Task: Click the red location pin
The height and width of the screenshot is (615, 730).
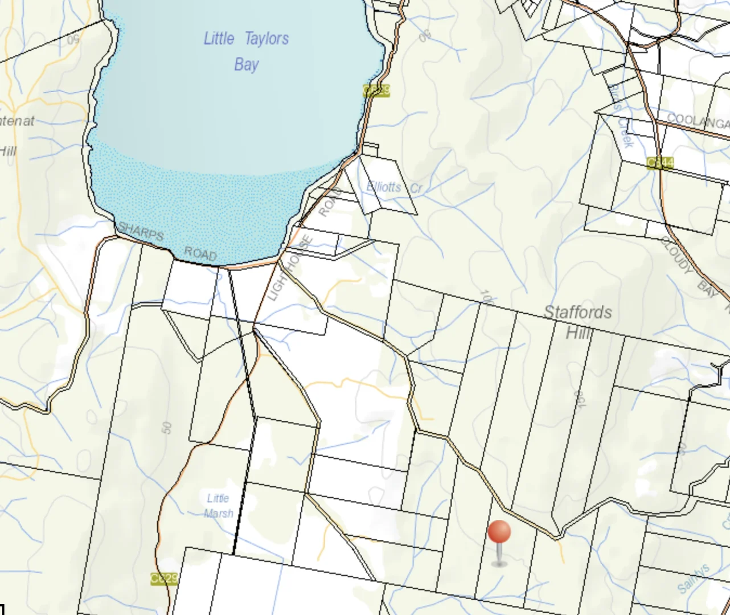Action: click(499, 534)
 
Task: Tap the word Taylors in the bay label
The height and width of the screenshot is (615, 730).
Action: click(266, 39)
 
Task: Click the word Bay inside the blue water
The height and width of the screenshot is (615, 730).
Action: click(247, 64)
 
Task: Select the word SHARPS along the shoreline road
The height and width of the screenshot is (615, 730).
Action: click(141, 232)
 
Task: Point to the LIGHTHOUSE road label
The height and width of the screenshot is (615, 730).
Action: click(290, 268)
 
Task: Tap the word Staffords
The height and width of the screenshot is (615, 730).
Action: click(577, 312)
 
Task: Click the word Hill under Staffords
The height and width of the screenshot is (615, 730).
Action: click(578, 333)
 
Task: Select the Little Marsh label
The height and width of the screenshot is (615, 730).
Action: click(219, 506)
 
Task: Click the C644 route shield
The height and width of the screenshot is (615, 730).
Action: click(660, 163)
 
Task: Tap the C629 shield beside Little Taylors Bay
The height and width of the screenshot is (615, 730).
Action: click(376, 91)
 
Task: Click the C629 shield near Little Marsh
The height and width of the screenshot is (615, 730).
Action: click(164, 579)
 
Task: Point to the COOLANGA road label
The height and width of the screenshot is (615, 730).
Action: click(698, 121)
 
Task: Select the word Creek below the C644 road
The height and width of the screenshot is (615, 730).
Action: click(625, 132)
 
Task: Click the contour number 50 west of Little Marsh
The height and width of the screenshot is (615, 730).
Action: click(167, 428)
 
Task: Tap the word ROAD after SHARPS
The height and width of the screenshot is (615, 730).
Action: click(200, 254)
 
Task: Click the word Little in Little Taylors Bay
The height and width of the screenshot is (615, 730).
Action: click(219, 39)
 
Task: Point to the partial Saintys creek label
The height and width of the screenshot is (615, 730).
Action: click(694, 578)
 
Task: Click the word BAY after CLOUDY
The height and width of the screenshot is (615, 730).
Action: click(707, 289)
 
